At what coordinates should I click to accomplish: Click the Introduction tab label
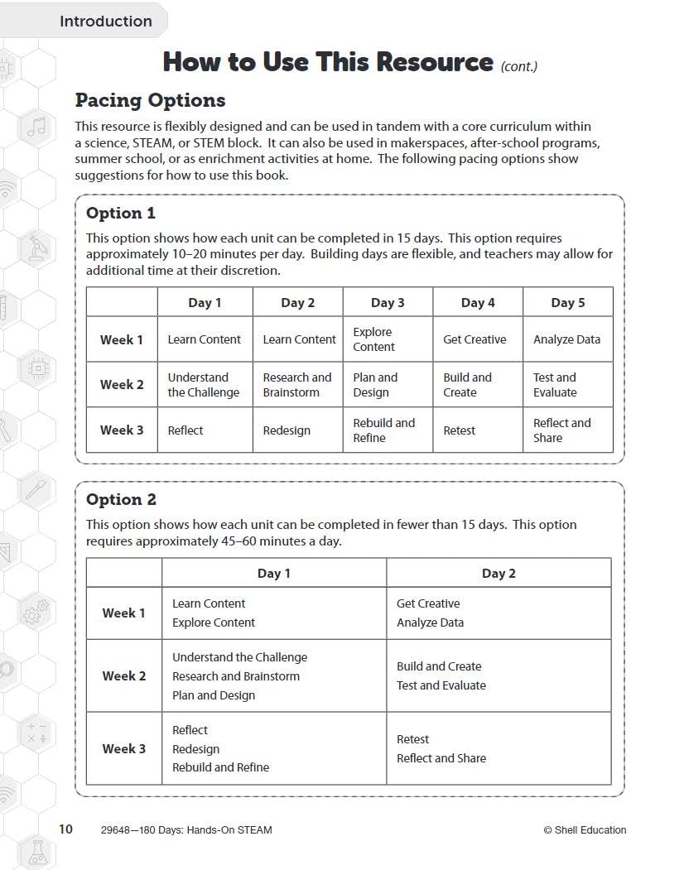[x=105, y=22]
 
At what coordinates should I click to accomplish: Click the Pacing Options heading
[x=150, y=100]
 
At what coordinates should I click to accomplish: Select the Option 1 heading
[x=121, y=213]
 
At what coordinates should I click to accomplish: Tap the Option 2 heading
[x=121, y=499]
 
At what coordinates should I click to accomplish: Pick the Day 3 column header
[x=388, y=302]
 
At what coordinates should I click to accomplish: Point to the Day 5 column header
[x=567, y=302]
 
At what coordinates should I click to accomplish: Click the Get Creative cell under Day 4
[x=474, y=339]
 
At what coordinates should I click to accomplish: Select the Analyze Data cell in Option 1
[x=566, y=339]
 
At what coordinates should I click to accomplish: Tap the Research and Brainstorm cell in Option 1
[x=296, y=385]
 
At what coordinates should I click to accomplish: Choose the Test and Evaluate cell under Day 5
[x=555, y=385]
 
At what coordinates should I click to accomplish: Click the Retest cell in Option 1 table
[x=459, y=430]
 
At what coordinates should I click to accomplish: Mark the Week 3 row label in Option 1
[x=122, y=430]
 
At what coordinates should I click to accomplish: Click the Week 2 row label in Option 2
[x=123, y=675]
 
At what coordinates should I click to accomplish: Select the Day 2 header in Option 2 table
[x=499, y=573]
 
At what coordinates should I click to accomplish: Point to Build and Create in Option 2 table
[x=439, y=666]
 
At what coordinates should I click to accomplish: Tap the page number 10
[x=65, y=829]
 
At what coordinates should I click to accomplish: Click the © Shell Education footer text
[x=585, y=830]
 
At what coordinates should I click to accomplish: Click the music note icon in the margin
[x=36, y=127]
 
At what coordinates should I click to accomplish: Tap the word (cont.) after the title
[x=519, y=66]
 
